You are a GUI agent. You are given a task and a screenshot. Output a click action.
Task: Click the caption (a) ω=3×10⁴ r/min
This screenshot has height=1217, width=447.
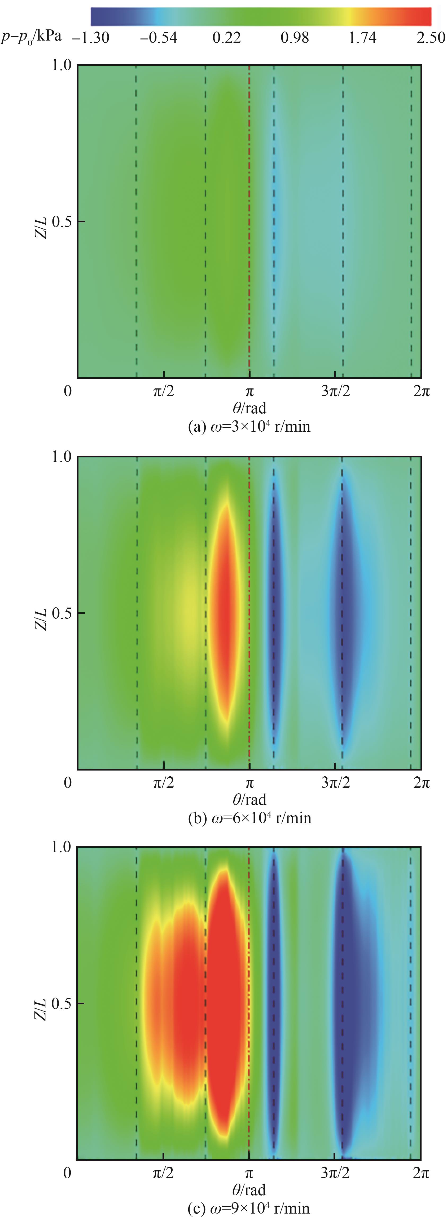pyautogui.click(x=249, y=427)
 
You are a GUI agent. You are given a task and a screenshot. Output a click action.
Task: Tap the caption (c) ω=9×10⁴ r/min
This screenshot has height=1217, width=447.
pyautogui.click(x=249, y=1208)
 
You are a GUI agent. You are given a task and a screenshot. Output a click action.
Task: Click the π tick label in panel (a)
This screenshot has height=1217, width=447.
pyautogui.click(x=249, y=392)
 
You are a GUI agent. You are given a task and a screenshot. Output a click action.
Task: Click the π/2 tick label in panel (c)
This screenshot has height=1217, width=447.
pyautogui.click(x=164, y=1173)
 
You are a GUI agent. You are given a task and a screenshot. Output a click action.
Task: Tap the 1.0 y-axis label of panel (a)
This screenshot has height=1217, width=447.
pyautogui.click(x=62, y=65)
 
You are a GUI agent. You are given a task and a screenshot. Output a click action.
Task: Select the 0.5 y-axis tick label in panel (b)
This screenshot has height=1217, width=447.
pyautogui.click(x=62, y=613)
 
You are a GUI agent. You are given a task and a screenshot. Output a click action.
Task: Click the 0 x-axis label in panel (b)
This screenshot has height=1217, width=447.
pyautogui.click(x=68, y=783)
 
